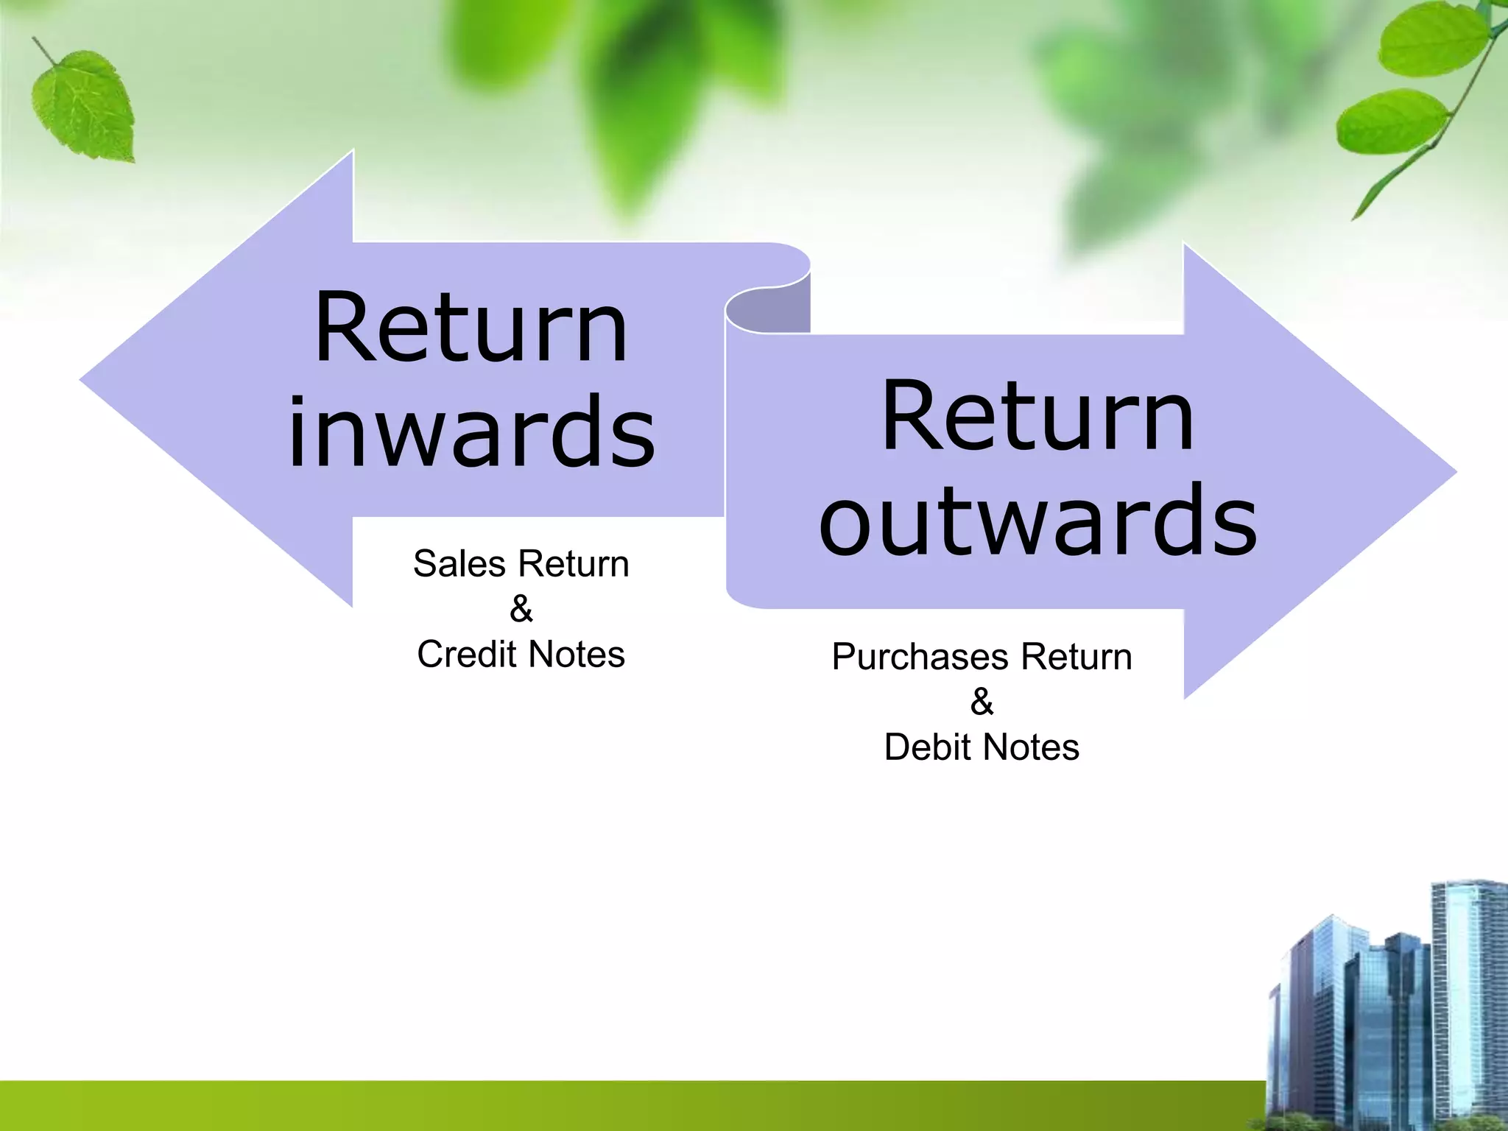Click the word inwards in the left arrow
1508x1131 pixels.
click(471, 433)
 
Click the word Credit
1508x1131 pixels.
click(465, 655)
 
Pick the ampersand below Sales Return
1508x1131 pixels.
click(521, 609)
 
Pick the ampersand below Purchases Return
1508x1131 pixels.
click(982, 702)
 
